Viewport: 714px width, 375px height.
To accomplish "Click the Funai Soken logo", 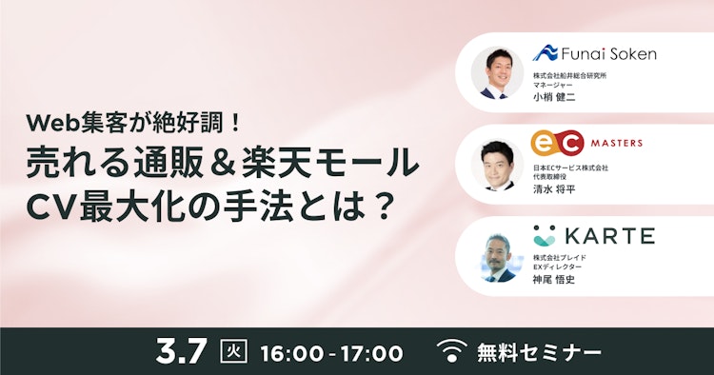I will pyautogui.click(x=594, y=53).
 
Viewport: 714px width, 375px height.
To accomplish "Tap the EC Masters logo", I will pyautogui.click(x=586, y=144).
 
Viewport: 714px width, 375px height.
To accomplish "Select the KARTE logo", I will pyautogui.click(x=594, y=235).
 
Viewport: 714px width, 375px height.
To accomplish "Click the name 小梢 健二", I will pyautogui.click(x=557, y=96).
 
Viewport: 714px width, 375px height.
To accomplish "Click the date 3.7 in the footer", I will pyautogui.click(x=181, y=351).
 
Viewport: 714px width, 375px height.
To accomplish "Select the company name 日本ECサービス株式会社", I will pyautogui.click(x=570, y=167).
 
